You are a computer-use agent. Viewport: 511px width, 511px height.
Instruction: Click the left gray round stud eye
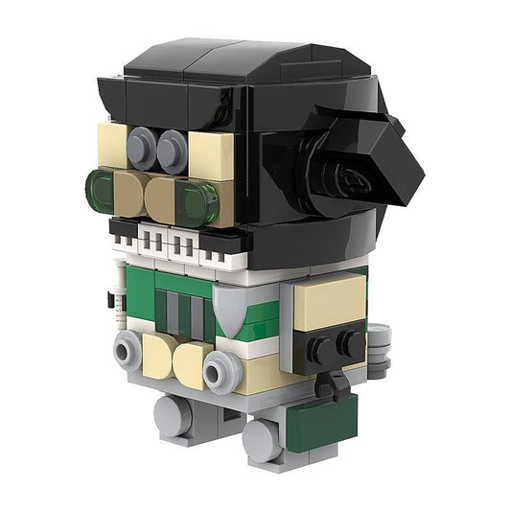pyautogui.click(x=142, y=146)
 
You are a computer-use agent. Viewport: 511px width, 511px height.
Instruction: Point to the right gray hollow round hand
pyautogui.click(x=221, y=369)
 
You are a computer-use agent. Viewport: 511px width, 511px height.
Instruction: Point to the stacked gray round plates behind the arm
pyautogui.click(x=380, y=349)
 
